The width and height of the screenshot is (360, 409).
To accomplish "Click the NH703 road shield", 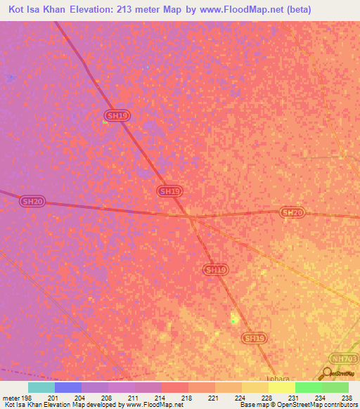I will [x=344, y=358].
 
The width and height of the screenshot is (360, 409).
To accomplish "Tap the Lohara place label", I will [x=278, y=377].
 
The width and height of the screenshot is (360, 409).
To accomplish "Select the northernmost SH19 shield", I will [x=117, y=115].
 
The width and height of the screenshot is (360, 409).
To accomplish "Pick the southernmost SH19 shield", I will [x=255, y=338].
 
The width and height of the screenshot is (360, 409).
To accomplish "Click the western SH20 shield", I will [x=32, y=202].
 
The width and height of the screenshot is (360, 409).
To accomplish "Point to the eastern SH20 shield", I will [x=292, y=212].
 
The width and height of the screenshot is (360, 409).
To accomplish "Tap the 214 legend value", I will [x=161, y=397].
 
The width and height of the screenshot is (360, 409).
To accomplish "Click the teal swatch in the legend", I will [x=41, y=387].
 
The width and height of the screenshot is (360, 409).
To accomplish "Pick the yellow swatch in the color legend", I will [x=281, y=387].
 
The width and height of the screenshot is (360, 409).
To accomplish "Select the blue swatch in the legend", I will [x=68, y=387].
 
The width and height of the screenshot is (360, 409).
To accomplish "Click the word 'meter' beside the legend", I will [x=11, y=397].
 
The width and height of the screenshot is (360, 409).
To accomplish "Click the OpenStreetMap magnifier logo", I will [x=326, y=374].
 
